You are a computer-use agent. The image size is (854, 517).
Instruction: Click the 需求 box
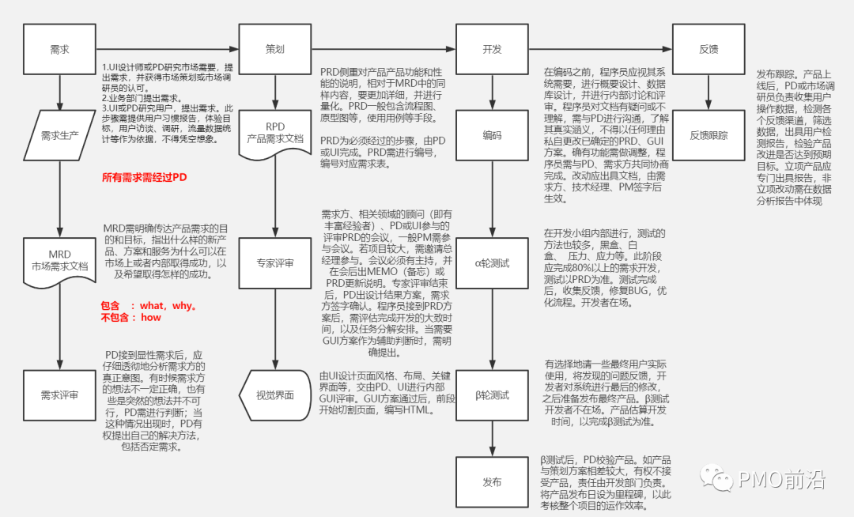pyautogui.click(x=59, y=49)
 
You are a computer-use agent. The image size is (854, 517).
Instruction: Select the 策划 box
pyautogui.click(x=274, y=49)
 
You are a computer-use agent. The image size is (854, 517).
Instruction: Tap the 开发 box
pyautogui.click(x=492, y=49)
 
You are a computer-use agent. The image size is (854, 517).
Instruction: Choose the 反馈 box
pyautogui.click(x=709, y=49)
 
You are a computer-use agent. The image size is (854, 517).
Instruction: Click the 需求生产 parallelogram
pyautogui.click(x=60, y=135)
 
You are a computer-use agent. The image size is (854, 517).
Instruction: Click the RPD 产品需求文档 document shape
pyautogui.click(x=274, y=133)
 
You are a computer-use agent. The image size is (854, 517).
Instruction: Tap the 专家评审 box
pyautogui.click(x=274, y=263)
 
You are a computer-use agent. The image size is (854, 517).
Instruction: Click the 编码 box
pyautogui.click(x=492, y=135)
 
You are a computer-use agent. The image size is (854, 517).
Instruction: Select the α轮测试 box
pyautogui.click(x=492, y=263)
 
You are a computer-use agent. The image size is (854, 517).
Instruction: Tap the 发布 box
pyautogui.click(x=492, y=481)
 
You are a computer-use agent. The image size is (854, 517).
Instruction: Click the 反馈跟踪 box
pyautogui.click(x=709, y=135)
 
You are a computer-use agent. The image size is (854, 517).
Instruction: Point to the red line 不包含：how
pyautogui.click(x=131, y=318)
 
